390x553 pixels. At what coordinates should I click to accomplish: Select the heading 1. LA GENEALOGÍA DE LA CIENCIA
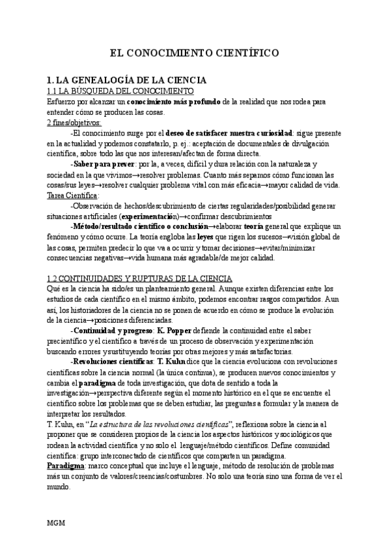pyautogui.click(x=122, y=80)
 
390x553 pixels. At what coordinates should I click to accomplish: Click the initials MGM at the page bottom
pyautogui.click(x=57, y=524)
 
